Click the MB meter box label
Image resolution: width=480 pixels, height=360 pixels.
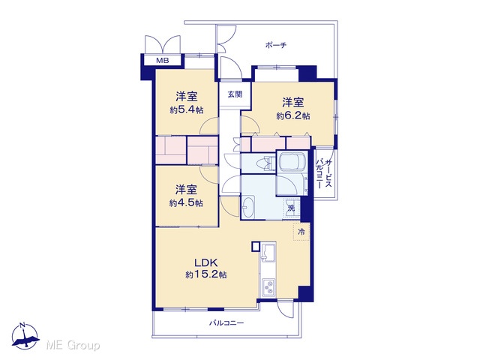(x=163, y=61)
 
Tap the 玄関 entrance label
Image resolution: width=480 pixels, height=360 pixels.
(x=235, y=94)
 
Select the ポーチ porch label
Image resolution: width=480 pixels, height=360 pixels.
(x=276, y=45)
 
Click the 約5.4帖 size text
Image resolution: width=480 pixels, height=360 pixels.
(x=187, y=110)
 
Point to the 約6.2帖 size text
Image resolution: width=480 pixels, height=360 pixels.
(x=293, y=115)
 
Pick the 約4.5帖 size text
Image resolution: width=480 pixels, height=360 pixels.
(x=186, y=203)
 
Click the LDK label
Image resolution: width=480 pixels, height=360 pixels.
(x=206, y=262)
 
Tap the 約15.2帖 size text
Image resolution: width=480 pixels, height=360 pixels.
(x=206, y=274)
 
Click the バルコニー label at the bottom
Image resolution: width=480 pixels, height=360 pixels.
(x=226, y=323)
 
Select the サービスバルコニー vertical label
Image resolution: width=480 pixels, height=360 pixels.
(x=324, y=173)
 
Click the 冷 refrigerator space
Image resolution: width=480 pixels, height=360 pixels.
(x=301, y=232)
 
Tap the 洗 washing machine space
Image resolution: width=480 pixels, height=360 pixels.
(x=292, y=208)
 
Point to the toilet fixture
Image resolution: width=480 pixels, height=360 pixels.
(x=265, y=163)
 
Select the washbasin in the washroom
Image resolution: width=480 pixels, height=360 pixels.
(x=248, y=207)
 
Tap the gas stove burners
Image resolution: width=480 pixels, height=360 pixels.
(x=268, y=287)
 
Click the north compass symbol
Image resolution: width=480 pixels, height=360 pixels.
(x=25, y=335)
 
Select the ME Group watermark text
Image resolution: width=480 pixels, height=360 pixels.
(x=73, y=345)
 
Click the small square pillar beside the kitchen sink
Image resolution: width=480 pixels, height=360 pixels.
(x=255, y=247)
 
